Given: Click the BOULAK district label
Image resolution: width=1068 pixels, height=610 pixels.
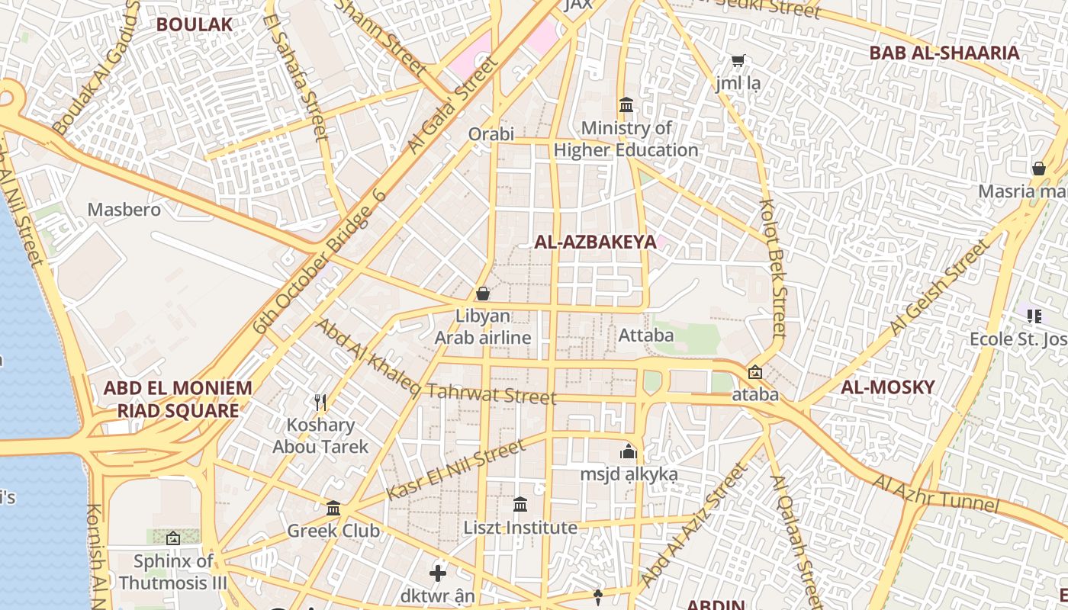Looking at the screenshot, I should point(194,24).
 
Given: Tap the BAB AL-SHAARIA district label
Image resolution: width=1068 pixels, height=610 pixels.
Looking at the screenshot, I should point(944,53).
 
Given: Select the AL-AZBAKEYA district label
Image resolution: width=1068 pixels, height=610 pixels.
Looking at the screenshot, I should point(595,242).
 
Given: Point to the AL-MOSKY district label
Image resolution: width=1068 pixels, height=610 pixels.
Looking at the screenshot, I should point(887,387).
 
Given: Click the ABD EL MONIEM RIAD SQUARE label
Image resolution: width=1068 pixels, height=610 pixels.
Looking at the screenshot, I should point(178,400).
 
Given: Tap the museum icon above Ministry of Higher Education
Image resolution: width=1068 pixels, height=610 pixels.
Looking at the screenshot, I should point(626,104).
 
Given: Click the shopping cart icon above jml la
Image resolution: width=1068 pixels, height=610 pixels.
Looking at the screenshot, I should point(738,60).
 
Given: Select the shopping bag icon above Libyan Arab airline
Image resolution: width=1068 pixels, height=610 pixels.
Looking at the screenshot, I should point(482,293).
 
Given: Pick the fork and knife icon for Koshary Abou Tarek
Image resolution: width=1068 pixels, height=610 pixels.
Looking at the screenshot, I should point(320,402).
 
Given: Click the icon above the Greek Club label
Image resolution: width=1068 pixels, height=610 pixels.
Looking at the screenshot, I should point(333,508).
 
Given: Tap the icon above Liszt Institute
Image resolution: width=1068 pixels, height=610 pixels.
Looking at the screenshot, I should point(520,504).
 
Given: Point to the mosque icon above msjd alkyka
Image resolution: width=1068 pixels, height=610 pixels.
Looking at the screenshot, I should point(629,451).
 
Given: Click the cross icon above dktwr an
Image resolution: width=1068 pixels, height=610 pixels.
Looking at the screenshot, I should point(438,573).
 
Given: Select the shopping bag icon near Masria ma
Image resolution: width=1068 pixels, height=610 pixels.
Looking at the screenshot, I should point(1038,168).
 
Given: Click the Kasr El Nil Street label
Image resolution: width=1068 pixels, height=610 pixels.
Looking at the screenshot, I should point(455,470).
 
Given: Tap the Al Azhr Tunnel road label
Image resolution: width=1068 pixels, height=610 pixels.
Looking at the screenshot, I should point(935,493).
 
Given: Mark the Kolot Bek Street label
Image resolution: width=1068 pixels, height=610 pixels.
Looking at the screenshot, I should point(773,268).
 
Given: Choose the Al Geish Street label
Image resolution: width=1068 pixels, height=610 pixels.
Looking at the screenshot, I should point(943,289).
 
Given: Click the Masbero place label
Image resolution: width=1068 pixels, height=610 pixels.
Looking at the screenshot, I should point(124,210).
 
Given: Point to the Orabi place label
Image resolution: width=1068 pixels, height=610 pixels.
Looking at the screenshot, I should point(491,134).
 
